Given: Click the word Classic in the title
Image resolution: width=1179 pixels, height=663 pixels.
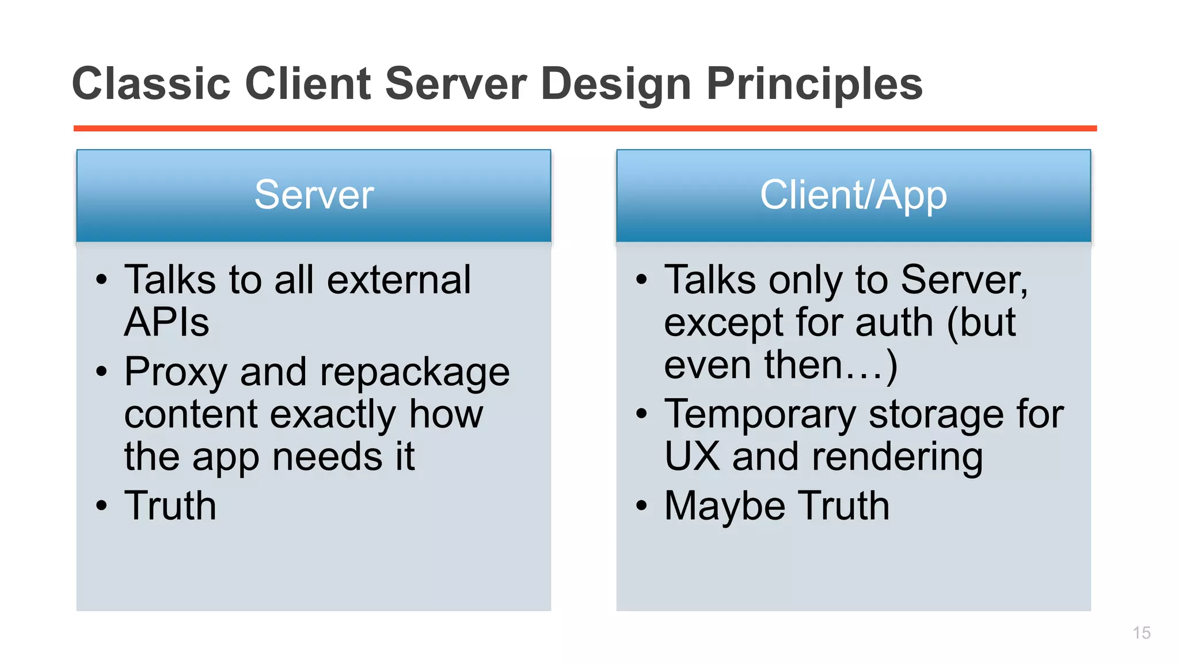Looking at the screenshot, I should (x=151, y=84).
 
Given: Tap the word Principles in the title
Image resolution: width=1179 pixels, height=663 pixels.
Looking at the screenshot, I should (x=814, y=84).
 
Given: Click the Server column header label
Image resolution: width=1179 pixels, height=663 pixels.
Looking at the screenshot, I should (x=314, y=195).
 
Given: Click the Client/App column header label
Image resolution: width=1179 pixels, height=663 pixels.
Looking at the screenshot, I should (x=853, y=195).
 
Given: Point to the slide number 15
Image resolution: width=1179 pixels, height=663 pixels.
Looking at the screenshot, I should (x=1141, y=632).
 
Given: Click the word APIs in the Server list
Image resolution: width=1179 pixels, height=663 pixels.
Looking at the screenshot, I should (x=167, y=322).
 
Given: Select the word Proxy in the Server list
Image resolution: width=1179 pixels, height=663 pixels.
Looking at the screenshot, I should (x=176, y=372).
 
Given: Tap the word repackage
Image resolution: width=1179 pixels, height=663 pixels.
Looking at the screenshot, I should (x=414, y=372).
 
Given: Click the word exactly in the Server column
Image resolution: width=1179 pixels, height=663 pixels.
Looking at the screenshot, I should (x=333, y=414).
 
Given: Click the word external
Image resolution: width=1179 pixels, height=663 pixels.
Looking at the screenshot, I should (x=399, y=280).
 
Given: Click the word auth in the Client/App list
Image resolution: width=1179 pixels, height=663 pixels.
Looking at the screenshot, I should (x=893, y=322).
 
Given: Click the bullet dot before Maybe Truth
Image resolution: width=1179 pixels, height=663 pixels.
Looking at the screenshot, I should (x=641, y=506).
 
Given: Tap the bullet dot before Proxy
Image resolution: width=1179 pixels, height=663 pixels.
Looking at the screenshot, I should (x=102, y=372).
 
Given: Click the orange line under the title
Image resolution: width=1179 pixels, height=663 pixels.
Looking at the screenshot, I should (x=585, y=128).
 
